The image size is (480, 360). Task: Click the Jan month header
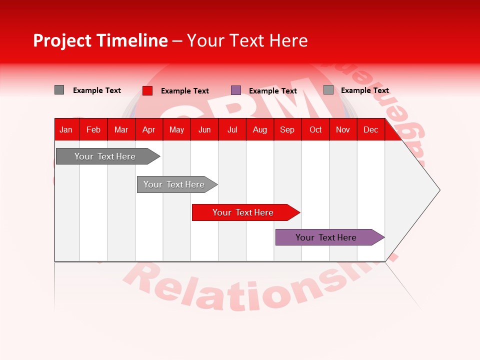tap(66, 129)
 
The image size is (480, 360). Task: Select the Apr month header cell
tap(148, 129)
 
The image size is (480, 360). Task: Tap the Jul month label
tap(232, 129)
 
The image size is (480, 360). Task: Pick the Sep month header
tap(287, 129)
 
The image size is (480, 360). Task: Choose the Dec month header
tap(370, 129)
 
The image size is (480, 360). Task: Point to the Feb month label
tap(93, 129)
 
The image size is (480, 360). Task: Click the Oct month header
tap(315, 129)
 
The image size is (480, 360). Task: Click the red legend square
tap(147, 90)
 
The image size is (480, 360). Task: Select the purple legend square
tap(236, 90)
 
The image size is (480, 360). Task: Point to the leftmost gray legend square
tap(59, 90)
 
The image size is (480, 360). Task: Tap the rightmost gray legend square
tap(328, 90)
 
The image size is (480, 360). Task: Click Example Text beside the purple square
tap(273, 91)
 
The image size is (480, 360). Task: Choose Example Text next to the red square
tap(185, 91)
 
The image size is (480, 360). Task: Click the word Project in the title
tap(61, 40)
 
